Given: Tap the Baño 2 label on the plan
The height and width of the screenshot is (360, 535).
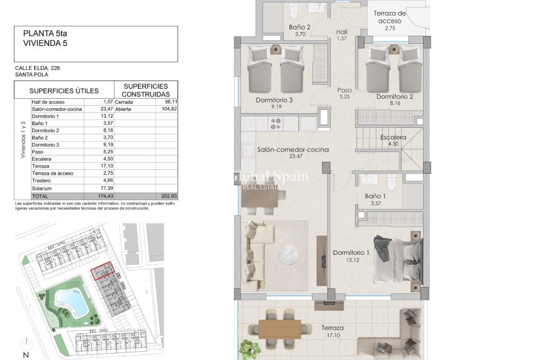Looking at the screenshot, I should [300, 27].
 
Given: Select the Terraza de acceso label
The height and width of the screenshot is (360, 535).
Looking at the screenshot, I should [390, 17].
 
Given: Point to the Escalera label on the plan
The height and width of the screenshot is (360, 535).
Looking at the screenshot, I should [393, 137].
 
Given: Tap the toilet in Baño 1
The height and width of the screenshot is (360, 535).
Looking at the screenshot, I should [390, 182].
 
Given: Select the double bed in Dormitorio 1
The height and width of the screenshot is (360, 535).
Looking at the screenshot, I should [394, 258].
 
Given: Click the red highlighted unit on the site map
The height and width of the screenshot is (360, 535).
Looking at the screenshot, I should [102, 271].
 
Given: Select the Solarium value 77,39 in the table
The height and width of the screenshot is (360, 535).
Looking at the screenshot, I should [104, 188].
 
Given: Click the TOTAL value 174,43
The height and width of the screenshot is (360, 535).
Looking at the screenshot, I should [103, 196].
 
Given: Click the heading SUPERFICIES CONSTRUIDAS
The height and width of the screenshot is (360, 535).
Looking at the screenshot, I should [145, 89].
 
